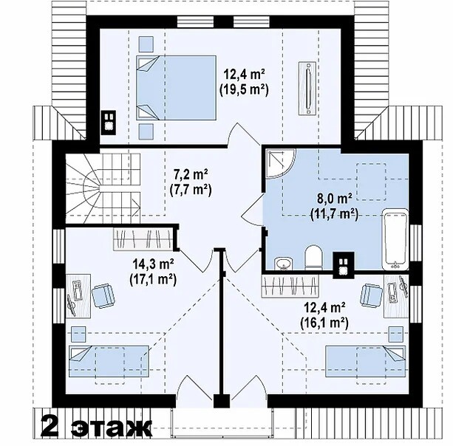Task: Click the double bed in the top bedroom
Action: [176, 88]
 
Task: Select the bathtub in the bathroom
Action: [395, 239]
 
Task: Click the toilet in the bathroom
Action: [313, 257]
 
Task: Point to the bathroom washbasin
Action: [284, 264]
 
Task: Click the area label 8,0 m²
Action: [335, 199]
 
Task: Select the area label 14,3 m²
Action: [153, 264]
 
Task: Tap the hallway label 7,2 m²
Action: [191, 175]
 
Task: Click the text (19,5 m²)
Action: [244, 90]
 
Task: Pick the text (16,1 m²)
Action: [324, 323]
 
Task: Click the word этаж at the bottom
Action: [112, 428]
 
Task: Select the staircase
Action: [103, 188]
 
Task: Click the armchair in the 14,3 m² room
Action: [104, 295]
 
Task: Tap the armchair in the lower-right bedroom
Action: [372, 295]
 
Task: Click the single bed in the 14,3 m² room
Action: [109, 361]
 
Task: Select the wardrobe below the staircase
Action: [143, 239]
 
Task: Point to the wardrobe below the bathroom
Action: [290, 286]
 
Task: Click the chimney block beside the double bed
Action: [109, 123]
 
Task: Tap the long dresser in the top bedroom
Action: [307, 88]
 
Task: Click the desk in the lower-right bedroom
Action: [396, 296]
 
